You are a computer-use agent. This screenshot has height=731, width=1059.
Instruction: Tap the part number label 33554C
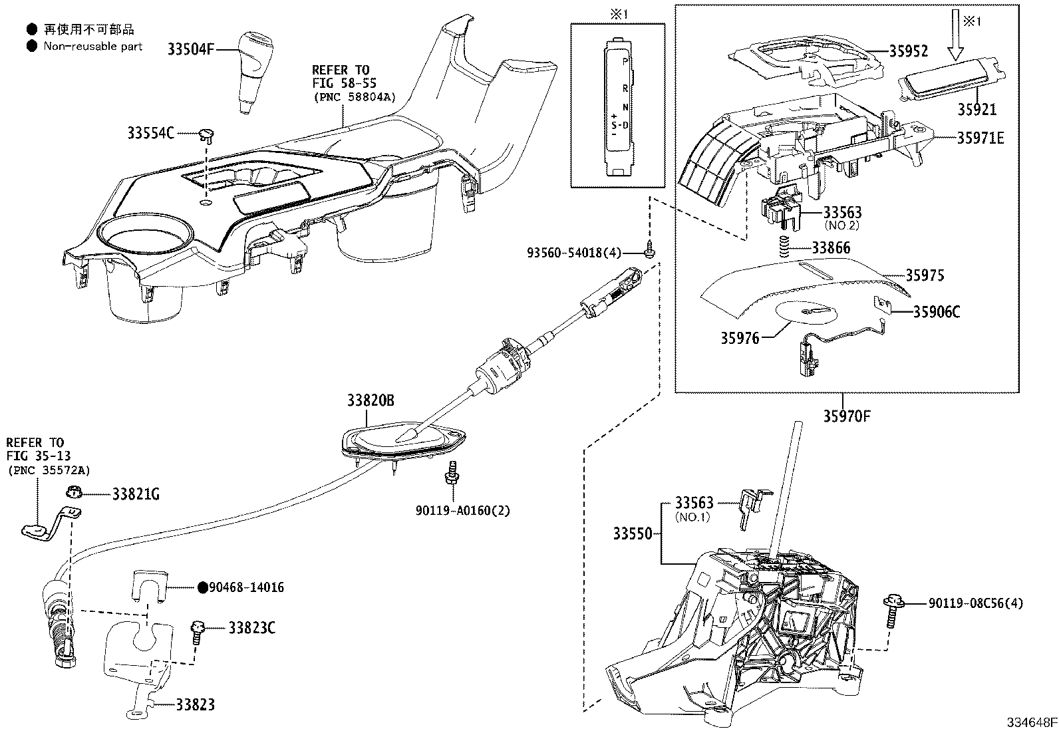[150, 134]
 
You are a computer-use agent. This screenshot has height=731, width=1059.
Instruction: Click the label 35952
[909, 51]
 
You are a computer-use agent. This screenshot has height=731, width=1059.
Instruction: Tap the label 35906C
[936, 312]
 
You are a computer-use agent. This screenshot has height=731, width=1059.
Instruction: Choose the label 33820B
[370, 400]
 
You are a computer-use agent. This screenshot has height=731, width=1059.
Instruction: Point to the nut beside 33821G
[75, 493]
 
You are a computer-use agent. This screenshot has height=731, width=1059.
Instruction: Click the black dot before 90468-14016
[203, 587]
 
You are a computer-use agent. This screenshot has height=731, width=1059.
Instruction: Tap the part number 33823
[195, 704]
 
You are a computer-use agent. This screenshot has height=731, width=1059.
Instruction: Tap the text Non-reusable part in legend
[93, 47]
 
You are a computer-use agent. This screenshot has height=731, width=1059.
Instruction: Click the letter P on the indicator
[624, 61]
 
